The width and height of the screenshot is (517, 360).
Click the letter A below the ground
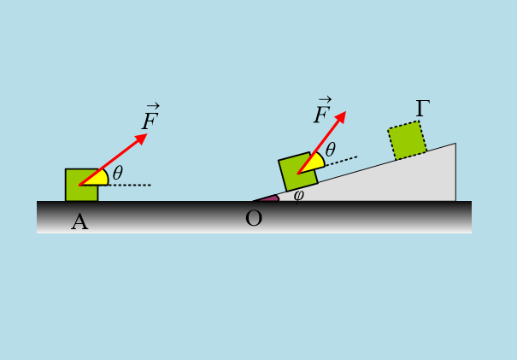pos(79,221)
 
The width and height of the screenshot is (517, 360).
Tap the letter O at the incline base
pos(254,218)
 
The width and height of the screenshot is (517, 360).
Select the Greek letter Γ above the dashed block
pos(422,109)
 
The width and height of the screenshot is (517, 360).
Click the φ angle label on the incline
pos(298,196)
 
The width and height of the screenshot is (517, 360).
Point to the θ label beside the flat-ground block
pos(118,173)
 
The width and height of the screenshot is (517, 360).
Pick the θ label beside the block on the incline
pos(331,150)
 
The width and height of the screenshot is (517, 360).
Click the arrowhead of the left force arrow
pos(142,138)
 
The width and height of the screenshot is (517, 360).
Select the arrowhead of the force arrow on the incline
pos(341,116)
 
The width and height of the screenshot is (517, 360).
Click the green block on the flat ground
pos(82,185)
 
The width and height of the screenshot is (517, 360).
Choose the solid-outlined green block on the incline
pos(298,172)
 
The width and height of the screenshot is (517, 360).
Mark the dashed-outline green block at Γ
pos(408,140)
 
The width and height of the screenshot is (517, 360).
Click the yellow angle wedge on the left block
pos(97,180)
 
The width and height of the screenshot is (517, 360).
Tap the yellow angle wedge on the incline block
pos(314,163)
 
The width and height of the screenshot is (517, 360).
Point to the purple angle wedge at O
pos(270,198)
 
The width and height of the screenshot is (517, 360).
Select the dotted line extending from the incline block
pos(341,161)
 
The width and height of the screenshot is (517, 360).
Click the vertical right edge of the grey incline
pos(455,172)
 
